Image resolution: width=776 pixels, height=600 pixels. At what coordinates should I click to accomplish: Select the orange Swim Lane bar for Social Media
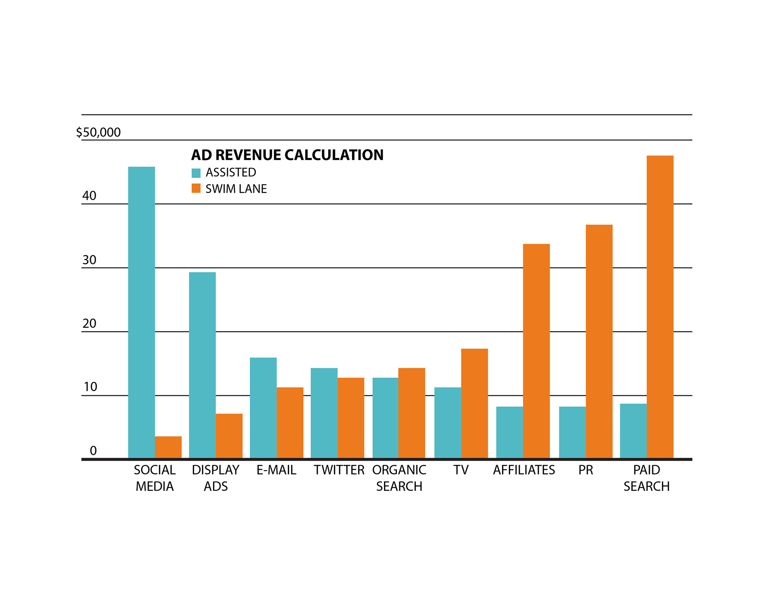tap(168, 447)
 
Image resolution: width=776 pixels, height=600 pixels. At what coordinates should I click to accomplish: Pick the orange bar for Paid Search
tap(660, 307)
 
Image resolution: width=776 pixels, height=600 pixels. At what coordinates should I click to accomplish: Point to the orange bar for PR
tap(599, 341)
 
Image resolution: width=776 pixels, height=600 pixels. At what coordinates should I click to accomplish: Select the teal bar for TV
tap(448, 423)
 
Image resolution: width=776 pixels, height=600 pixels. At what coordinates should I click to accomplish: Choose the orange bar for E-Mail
tap(290, 423)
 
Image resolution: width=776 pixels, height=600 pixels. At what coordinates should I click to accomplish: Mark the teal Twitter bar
tap(324, 413)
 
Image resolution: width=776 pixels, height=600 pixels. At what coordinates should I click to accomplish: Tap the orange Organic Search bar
tap(411, 413)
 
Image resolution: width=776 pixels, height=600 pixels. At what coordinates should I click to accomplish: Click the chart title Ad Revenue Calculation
tap(287, 155)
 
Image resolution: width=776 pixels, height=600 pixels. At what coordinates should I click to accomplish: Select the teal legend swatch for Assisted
tap(196, 173)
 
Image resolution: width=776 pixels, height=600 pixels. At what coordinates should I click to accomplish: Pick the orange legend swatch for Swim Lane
tap(196, 188)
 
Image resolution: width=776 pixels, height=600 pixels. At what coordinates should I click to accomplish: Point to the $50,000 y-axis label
tap(99, 132)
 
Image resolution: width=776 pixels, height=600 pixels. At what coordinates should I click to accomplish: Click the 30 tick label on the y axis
tap(89, 260)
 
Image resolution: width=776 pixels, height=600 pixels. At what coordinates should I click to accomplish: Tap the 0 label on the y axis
tap(93, 451)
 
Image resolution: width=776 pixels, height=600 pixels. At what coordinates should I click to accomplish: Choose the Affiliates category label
tap(524, 470)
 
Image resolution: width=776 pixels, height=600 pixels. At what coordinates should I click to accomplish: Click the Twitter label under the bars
tap(339, 470)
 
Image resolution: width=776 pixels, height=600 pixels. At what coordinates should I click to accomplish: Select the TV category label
tap(461, 470)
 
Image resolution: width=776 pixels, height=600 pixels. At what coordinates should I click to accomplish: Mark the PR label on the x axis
tap(586, 470)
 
